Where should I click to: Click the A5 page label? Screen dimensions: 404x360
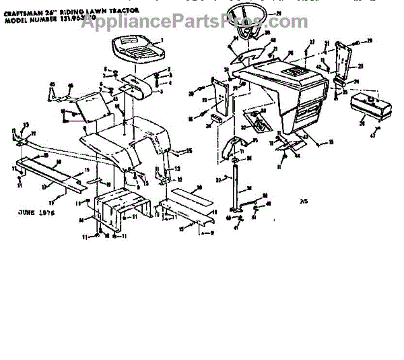coord(302,200)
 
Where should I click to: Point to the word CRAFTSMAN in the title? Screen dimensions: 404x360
coord(22,11)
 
